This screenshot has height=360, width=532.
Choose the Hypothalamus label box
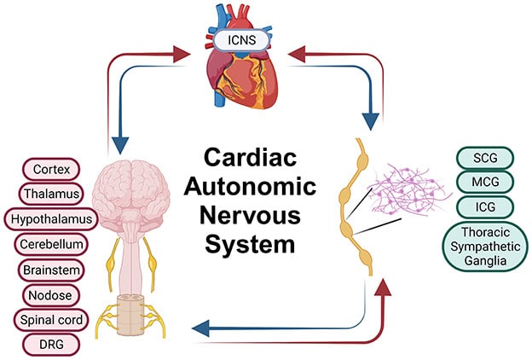[x=52, y=218]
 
